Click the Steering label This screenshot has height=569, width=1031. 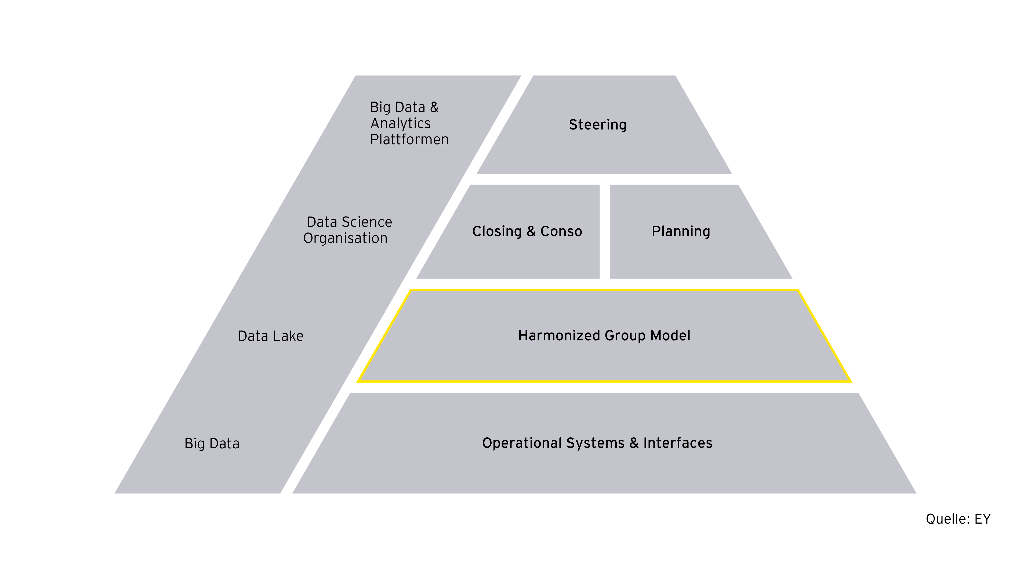[x=598, y=125]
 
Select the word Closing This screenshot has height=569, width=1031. [x=497, y=232]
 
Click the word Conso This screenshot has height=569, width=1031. [x=561, y=232]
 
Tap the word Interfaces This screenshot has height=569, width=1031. [x=678, y=443]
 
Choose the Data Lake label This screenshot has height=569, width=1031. [x=271, y=336]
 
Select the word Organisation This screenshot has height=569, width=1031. [x=345, y=238]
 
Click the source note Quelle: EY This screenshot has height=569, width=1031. [x=958, y=519]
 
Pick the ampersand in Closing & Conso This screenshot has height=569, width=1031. [x=531, y=232]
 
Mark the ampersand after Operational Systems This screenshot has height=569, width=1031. [x=634, y=443]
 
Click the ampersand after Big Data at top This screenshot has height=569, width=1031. [x=434, y=107]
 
